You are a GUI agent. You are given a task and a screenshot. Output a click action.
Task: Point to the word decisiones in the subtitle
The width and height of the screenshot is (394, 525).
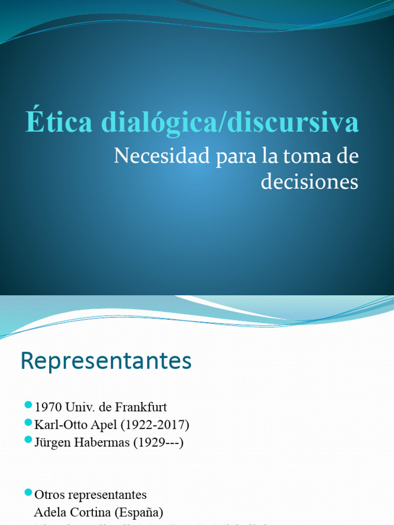(x=309, y=181)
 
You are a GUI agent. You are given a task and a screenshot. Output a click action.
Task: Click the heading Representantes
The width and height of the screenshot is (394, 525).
(x=106, y=361)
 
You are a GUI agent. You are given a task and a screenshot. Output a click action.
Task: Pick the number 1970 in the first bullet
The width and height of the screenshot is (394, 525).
(x=48, y=408)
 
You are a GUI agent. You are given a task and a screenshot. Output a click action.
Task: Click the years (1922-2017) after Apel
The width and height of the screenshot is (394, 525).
(x=153, y=425)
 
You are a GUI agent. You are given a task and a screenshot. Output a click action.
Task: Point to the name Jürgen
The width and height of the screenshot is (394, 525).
(x=52, y=442)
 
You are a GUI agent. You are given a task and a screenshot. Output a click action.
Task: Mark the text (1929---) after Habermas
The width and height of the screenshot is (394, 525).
(x=158, y=442)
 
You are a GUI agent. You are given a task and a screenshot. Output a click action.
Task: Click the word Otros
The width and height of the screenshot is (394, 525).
(x=49, y=495)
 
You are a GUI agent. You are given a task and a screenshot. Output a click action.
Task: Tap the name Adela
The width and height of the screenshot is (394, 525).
(x=49, y=512)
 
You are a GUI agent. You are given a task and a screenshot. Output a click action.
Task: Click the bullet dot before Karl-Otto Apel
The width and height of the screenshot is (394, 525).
(x=28, y=424)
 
